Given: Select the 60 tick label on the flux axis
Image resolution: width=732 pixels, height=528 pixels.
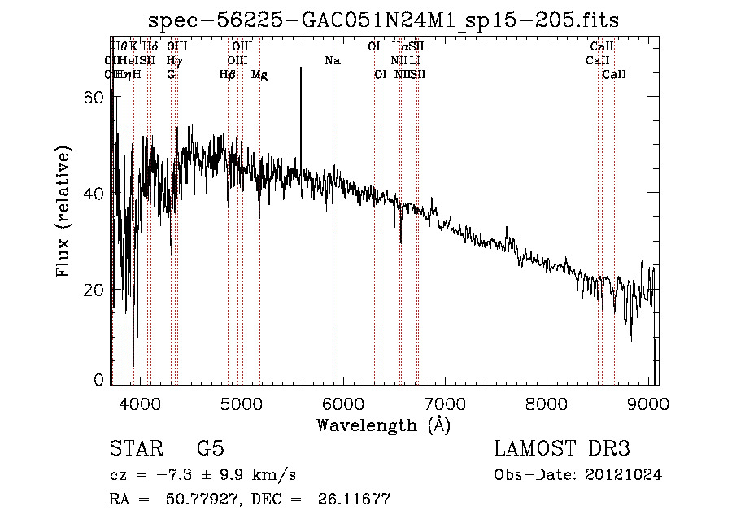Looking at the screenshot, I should (94, 97).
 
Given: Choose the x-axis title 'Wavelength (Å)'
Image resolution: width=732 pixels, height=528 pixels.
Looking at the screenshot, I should (383, 424).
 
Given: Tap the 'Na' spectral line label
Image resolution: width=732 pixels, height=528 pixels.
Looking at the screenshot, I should (332, 61).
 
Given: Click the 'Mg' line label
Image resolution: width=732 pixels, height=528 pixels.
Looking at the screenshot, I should (259, 75).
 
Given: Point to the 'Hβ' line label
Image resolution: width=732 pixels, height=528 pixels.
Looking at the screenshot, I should (228, 75).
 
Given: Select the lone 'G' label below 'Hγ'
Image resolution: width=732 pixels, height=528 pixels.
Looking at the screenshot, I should (171, 75).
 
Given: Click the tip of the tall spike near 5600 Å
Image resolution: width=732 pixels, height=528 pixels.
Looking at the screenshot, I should (301, 68).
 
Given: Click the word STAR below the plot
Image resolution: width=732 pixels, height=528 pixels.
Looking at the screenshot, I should (135, 449).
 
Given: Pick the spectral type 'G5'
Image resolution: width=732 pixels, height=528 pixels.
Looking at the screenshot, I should (210, 449).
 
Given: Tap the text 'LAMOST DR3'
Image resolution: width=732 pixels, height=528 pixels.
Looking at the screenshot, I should (562, 449).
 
